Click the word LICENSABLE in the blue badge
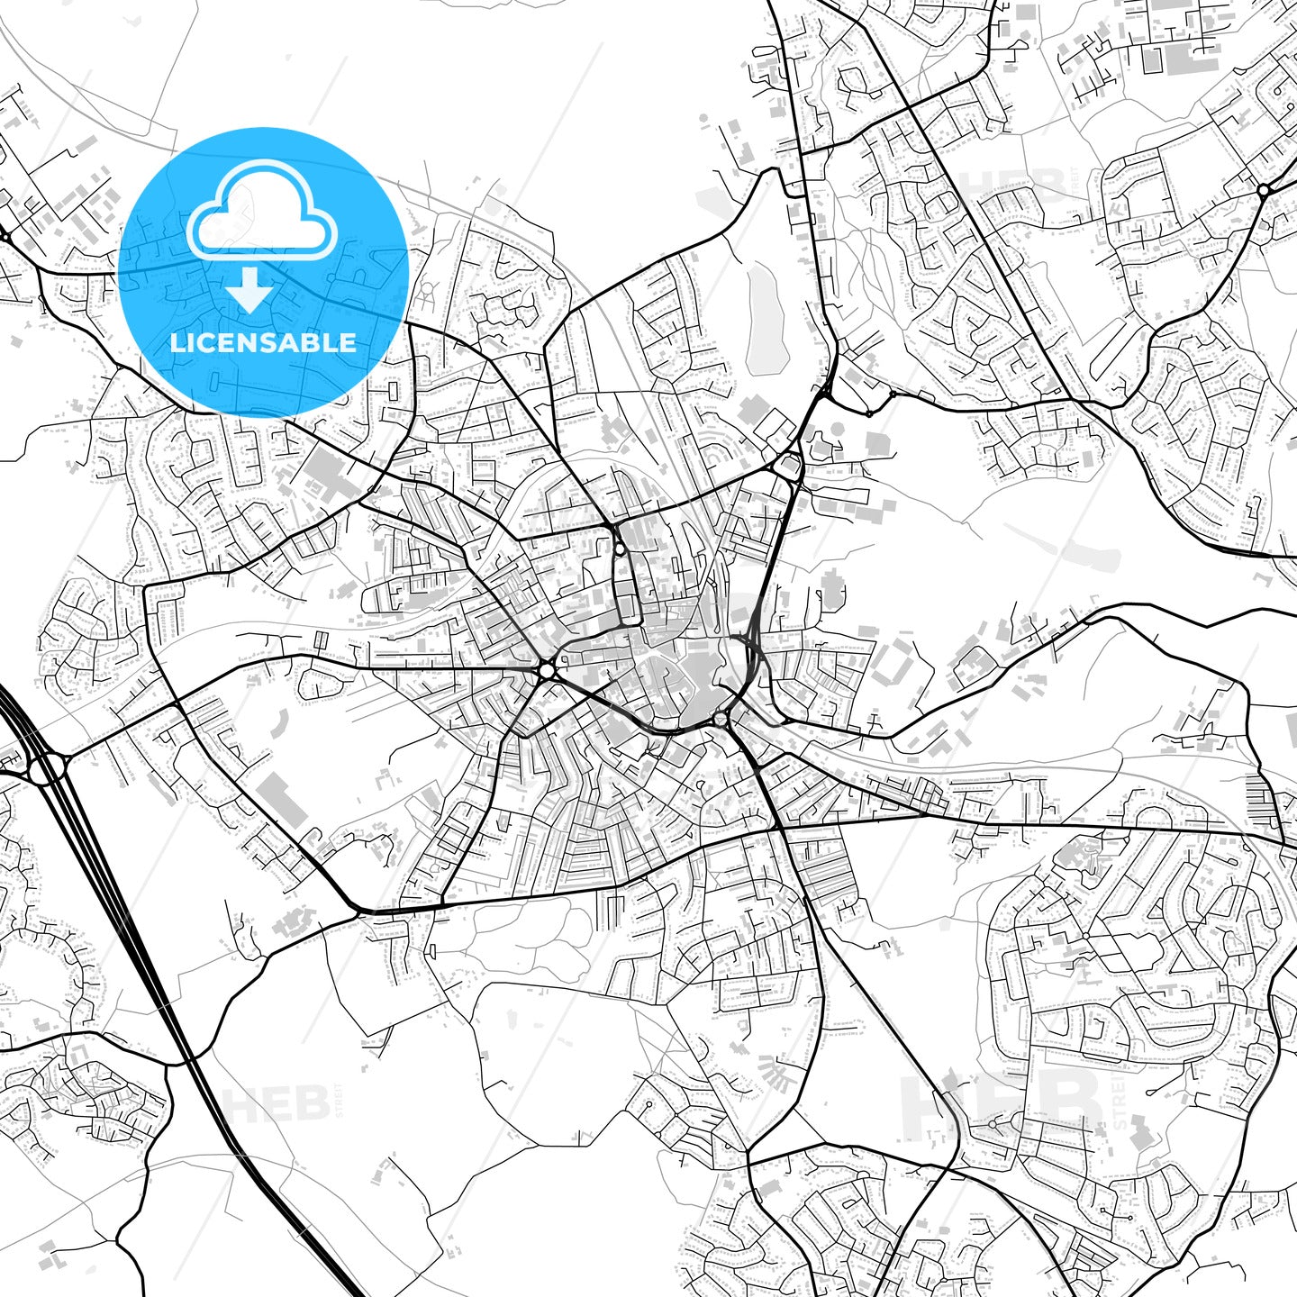pyautogui.click(x=263, y=342)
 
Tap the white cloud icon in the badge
pyautogui.click(x=261, y=212)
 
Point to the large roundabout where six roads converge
pyautogui.click(x=547, y=670)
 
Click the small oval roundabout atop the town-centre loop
pyautogui.click(x=621, y=548)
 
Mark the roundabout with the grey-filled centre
pyautogui.click(x=720, y=719)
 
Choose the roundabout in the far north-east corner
pyautogui.click(x=1263, y=190)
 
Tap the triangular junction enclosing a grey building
pyautogui.click(x=789, y=466)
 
